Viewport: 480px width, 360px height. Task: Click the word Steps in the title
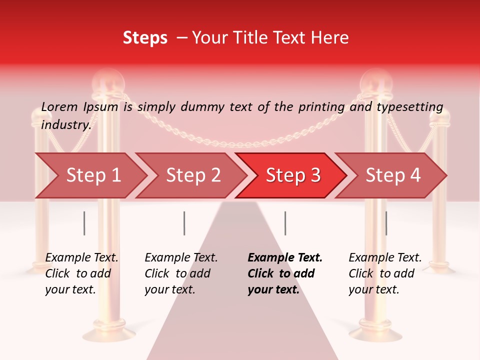(x=145, y=38)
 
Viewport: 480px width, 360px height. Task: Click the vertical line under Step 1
(x=84, y=223)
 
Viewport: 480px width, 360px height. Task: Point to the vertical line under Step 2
(x=184, y=223)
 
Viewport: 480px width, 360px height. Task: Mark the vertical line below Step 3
(x=285, y=223)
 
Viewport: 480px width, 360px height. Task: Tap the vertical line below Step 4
(x=386, y=223)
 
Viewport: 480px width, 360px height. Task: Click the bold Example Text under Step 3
(x=285, y=273)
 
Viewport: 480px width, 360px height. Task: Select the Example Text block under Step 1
(x=81, y=273)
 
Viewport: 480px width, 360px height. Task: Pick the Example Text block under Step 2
(x=181, y=273)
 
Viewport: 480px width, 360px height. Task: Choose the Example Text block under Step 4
(x=385, y=273)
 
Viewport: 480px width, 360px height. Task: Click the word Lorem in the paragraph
(x=59, y=106)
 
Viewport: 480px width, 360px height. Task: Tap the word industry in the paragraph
(x=66, y=125)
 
